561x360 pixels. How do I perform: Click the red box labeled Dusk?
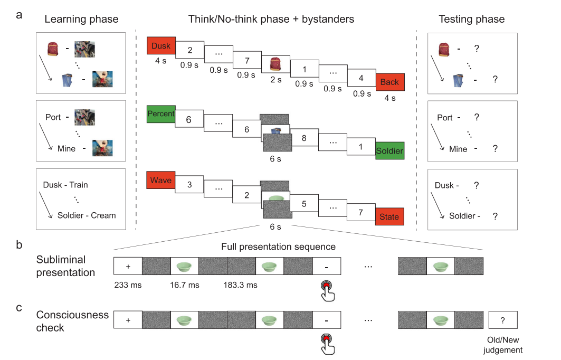pos(161,46)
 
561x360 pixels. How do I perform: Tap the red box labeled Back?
pos(389,83)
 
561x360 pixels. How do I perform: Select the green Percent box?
pos(161,114)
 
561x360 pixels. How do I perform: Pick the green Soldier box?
pos(389,151)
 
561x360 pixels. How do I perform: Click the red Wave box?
pos(161,181)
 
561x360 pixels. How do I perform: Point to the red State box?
pos(389,217)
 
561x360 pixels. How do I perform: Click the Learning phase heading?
pos(81,20)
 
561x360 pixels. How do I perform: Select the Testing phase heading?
pos(472,20)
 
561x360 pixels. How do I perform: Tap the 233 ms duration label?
pos(128,285)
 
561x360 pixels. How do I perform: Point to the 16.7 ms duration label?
pos(184,285)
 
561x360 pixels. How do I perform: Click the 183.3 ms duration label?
pos(241,285)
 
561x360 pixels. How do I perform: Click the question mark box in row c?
pos(502,319)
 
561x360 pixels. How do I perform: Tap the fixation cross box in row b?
pos(128,266)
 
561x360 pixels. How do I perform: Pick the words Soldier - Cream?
pos(87,215)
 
